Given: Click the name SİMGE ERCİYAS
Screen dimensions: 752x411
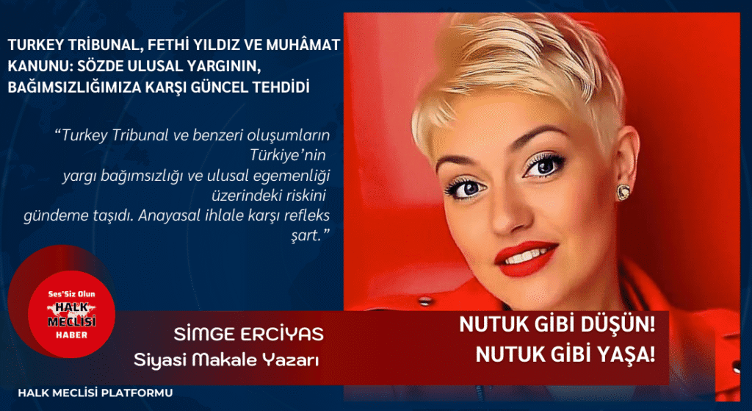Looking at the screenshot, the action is [x=248, y=335].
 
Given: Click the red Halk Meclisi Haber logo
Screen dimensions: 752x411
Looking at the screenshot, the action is [x=71, y=315].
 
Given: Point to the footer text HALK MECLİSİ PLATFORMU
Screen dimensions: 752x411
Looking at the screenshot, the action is [x=95, y=393].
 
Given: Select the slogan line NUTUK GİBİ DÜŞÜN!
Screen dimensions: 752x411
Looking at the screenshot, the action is [x=557, y=325].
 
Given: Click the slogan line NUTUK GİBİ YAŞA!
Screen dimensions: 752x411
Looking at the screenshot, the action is [x=565, y=355].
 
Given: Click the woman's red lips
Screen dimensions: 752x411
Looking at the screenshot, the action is [x=526, y=258].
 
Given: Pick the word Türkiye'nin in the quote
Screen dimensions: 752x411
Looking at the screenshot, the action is [x=287, y=156].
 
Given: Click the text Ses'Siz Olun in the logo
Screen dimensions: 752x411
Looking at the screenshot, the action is [x=71, y=294].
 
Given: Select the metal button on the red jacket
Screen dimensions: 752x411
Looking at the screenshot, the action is [x=424, y=301].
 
